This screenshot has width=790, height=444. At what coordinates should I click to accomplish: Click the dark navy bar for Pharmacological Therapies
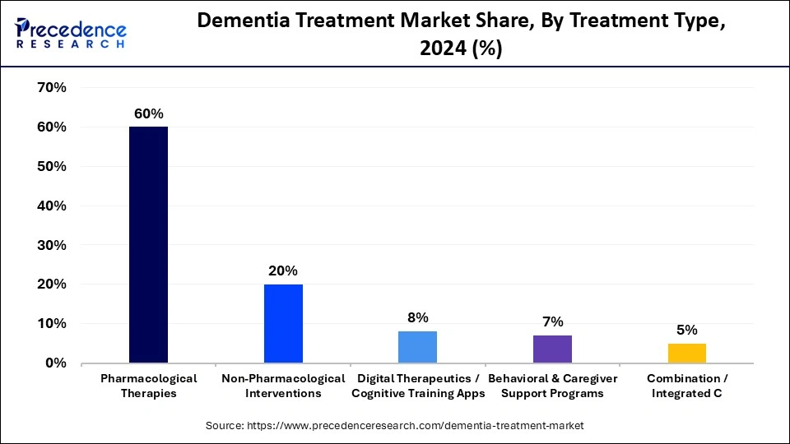tap(148, 245)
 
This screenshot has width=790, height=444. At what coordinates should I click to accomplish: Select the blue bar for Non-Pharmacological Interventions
tap(283, 323)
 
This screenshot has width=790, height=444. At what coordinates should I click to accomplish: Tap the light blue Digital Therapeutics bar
tap(417, 347)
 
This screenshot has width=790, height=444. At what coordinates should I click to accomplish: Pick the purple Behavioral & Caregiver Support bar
tap(552, 349)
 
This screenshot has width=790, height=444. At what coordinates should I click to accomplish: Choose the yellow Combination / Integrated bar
tap(686, 353)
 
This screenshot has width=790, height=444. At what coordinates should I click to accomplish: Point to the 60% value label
tap(148, 113)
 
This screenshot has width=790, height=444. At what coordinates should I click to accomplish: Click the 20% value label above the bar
tap(283, 271)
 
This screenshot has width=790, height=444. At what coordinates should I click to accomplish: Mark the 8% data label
tap(417, 317)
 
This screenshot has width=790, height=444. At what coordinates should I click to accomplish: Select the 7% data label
tap(552, 321)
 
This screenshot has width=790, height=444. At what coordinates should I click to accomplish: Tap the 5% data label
tap(686, 330)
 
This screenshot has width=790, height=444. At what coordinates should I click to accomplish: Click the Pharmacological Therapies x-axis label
tap(148, 386)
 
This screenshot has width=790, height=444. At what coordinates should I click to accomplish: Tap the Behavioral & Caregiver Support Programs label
tap(552, 386)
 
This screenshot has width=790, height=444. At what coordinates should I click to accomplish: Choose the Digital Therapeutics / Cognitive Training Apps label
tap(417, 386)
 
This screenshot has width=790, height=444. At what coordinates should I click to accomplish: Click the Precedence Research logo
tap(71, 32)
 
